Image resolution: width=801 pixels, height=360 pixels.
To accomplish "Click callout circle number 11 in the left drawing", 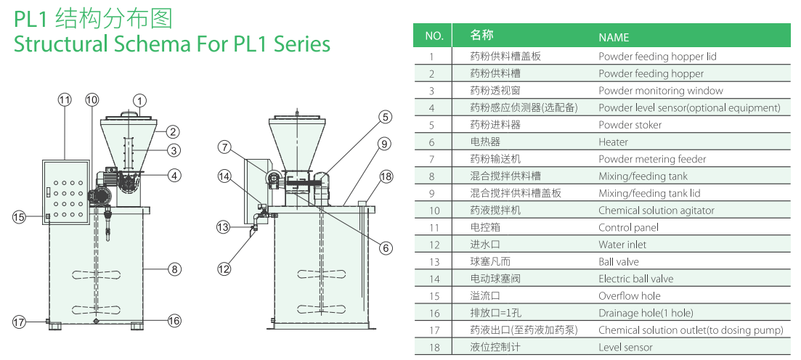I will tap(65, 99).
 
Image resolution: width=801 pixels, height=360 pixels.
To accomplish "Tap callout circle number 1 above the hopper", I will tap(140, 101).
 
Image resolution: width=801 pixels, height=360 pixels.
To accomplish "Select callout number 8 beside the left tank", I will tap(174, 269).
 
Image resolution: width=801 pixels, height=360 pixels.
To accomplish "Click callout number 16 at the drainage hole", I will tap(174, 321).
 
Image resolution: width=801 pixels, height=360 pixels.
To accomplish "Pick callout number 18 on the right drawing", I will tap(386, 176).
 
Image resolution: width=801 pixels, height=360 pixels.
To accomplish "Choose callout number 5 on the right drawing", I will tap(386, 116).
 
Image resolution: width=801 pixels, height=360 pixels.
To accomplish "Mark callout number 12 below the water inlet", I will tap(224, 269).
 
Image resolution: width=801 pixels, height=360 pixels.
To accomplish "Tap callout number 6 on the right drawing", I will tap(386, 247).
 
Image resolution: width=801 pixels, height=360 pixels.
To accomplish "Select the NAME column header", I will tap(614, 37).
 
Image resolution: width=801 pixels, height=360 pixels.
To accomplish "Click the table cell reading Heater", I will tap(613, 142).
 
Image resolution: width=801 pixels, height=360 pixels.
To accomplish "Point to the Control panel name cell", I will tap(628, 228).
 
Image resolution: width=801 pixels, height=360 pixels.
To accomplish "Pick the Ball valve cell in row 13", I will tap(619, 262).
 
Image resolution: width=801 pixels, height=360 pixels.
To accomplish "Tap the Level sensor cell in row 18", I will tap(625, 348).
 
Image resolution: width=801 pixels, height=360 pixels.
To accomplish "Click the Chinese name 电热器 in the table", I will tap(485, 142).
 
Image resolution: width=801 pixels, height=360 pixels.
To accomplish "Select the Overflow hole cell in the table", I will tap(629, 296).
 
